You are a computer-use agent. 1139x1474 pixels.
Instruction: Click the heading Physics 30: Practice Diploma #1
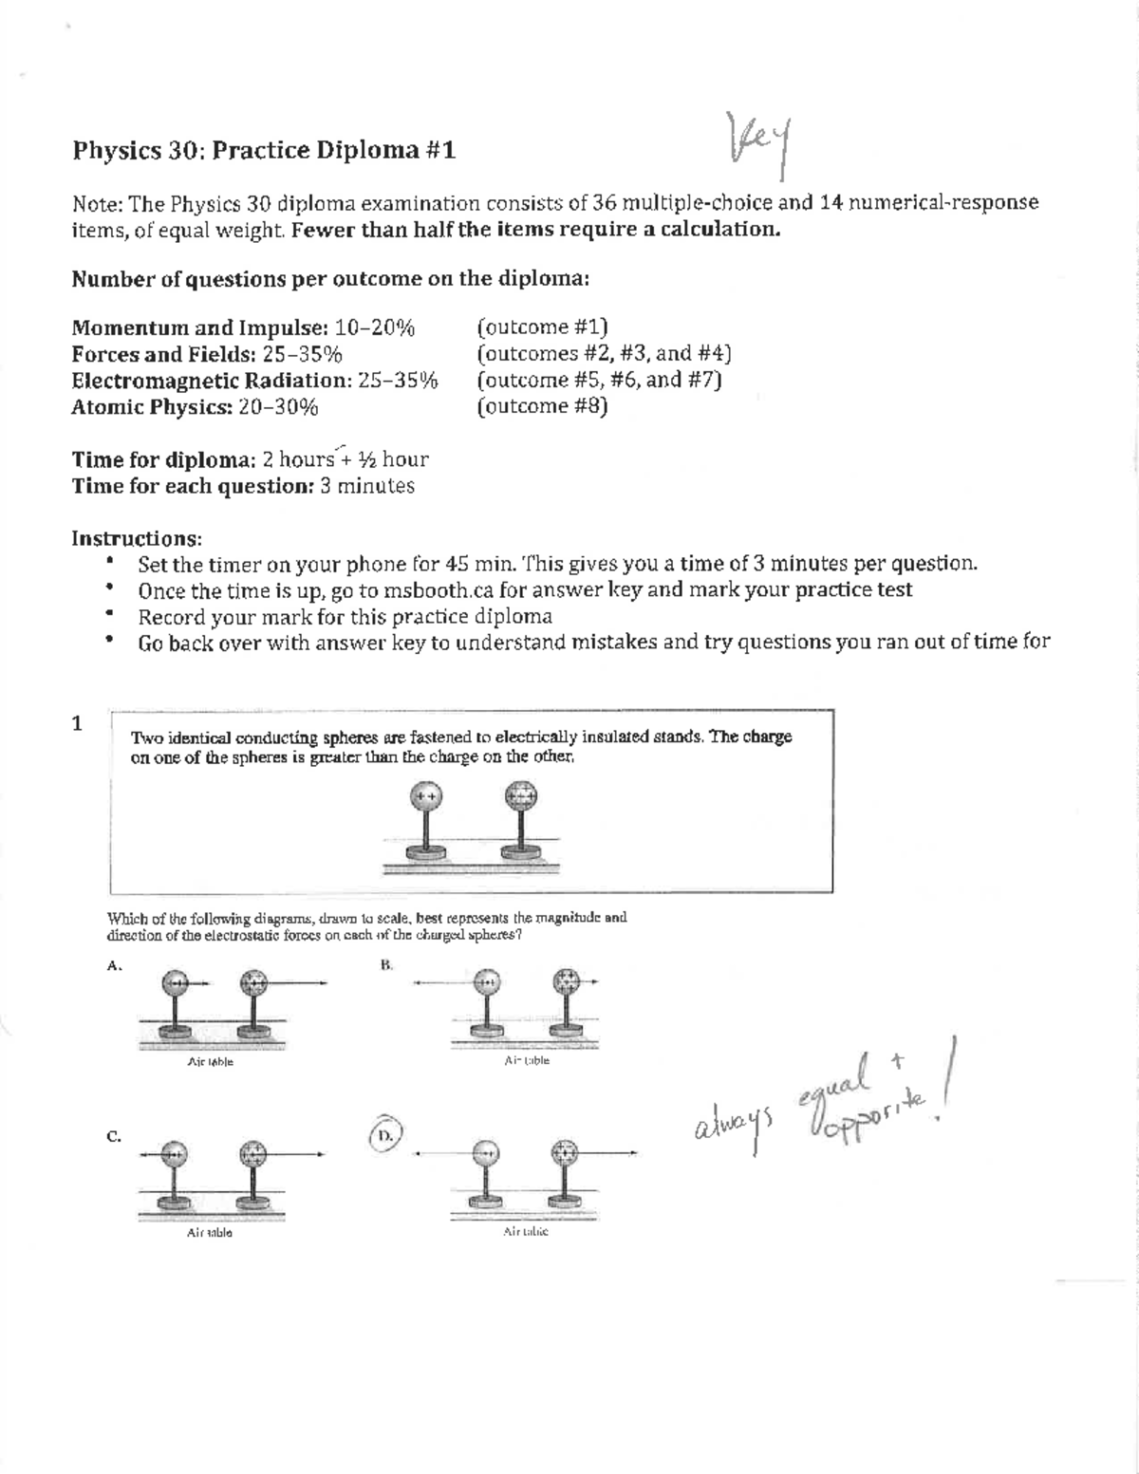pyautogui.click(x=264, y=151)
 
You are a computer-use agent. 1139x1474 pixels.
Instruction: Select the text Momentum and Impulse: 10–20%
pyautogui.click(x=244, y=328)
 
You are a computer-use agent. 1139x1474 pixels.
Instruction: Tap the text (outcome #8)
pyautogui.click(x=542, y=407)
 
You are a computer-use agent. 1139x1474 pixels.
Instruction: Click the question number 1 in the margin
pyautogui.click(x=78, y=723)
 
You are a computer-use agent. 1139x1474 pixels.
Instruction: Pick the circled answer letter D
pyautogui.click(x=384, y=1135)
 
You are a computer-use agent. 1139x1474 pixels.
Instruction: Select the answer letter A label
pyautogui.click(x=115, y=966)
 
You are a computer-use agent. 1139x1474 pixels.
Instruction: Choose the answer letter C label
pyautogui.click(x=114, y=1136)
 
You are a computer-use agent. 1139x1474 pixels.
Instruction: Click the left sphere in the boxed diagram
pyautogui.click(x=424, y=796)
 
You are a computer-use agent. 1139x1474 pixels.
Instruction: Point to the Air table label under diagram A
pyautogui.click(x=210, y=1062)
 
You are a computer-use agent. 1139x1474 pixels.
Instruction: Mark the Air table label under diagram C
pyautogui.click(x=210, y=1233)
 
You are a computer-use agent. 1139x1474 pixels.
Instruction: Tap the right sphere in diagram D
pyautogui.click(x=567, y=1153)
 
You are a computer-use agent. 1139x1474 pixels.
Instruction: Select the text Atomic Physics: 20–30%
pyautogui.click(x=196, y=408)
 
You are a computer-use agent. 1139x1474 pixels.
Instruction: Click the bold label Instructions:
pyautogui.click(x=137, y=539)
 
